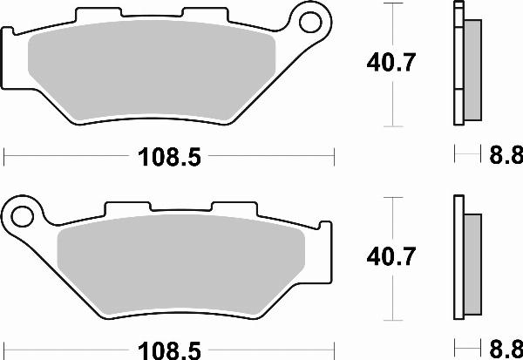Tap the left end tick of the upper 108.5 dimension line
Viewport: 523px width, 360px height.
[5, 157]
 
